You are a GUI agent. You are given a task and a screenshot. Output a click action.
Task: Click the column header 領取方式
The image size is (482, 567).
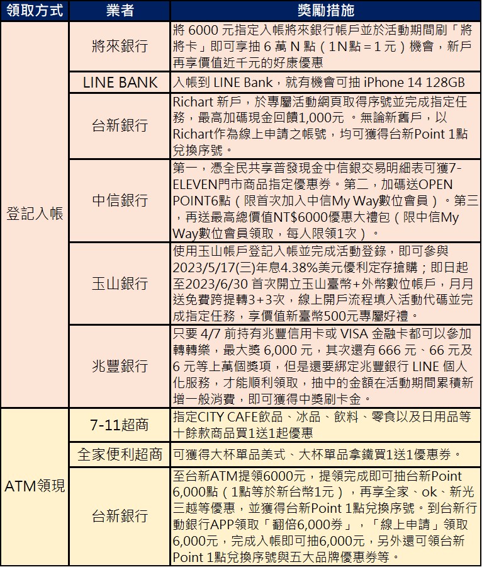click(x=34, y=11)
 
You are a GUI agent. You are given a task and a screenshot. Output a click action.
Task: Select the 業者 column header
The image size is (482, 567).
click(x=119, y=11)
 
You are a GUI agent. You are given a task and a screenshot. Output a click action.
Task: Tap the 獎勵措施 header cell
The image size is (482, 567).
click(x=325, y=11)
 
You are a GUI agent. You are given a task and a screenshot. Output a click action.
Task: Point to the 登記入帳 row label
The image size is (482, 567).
click(x=34, y=214)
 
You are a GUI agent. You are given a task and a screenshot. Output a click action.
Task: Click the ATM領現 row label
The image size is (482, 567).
click(x=34, y=486)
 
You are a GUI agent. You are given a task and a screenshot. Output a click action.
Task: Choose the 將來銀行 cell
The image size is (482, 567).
click(x=119, y=47)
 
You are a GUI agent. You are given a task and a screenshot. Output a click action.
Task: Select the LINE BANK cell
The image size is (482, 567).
click(x=119, y=83)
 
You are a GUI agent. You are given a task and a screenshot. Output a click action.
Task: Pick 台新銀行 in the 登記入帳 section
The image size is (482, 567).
click(x=119, y=125)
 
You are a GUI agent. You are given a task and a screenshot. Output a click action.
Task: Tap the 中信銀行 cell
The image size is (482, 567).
click(x=119, y=200)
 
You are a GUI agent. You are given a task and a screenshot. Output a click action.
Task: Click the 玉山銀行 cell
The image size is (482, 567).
click(x=119, y=283)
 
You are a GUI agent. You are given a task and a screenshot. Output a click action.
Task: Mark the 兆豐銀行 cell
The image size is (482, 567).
click(x=119, y=365)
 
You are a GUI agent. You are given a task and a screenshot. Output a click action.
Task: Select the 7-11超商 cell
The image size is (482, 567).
click(x=119, y=425)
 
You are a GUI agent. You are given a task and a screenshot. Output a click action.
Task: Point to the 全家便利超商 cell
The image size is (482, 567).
click(x=119, y=454)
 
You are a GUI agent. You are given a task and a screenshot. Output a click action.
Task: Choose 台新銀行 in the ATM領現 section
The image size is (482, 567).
click(x=119, y=516)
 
